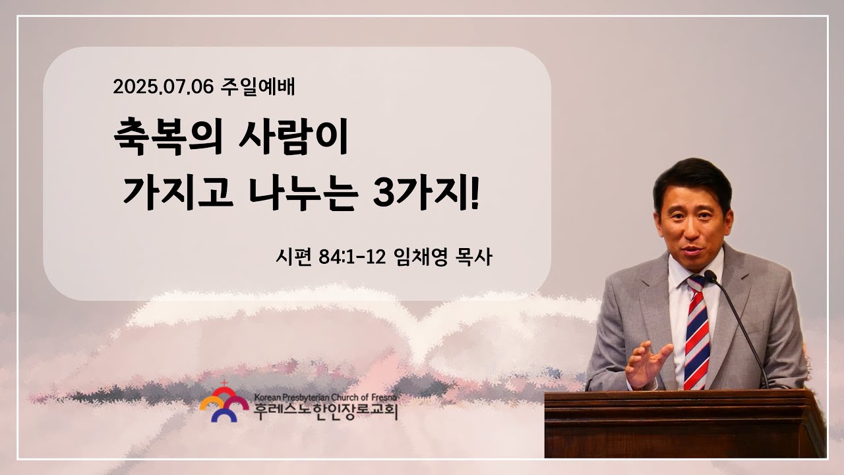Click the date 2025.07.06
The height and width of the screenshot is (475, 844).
pyautogui.click(x=163, y=87)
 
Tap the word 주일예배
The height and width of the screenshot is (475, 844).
pyautogui.click(x=257, y=86)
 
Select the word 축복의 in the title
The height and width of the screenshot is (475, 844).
pyautogui.click(x=168, y=137)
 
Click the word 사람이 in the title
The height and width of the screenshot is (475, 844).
pyautogui.click(x=293, y=137)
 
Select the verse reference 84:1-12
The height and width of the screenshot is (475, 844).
pyautogui.click(x=352, y=257)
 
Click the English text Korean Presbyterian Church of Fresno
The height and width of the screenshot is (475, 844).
pyautogui.click(x=326, y=397)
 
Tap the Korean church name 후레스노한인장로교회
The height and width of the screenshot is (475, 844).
pyautogui.click(x=326, y=412)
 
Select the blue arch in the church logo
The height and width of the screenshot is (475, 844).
pyautogui.click(x=224, y=415)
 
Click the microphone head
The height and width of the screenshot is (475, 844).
pyautogui.click(x=710, y=276)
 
